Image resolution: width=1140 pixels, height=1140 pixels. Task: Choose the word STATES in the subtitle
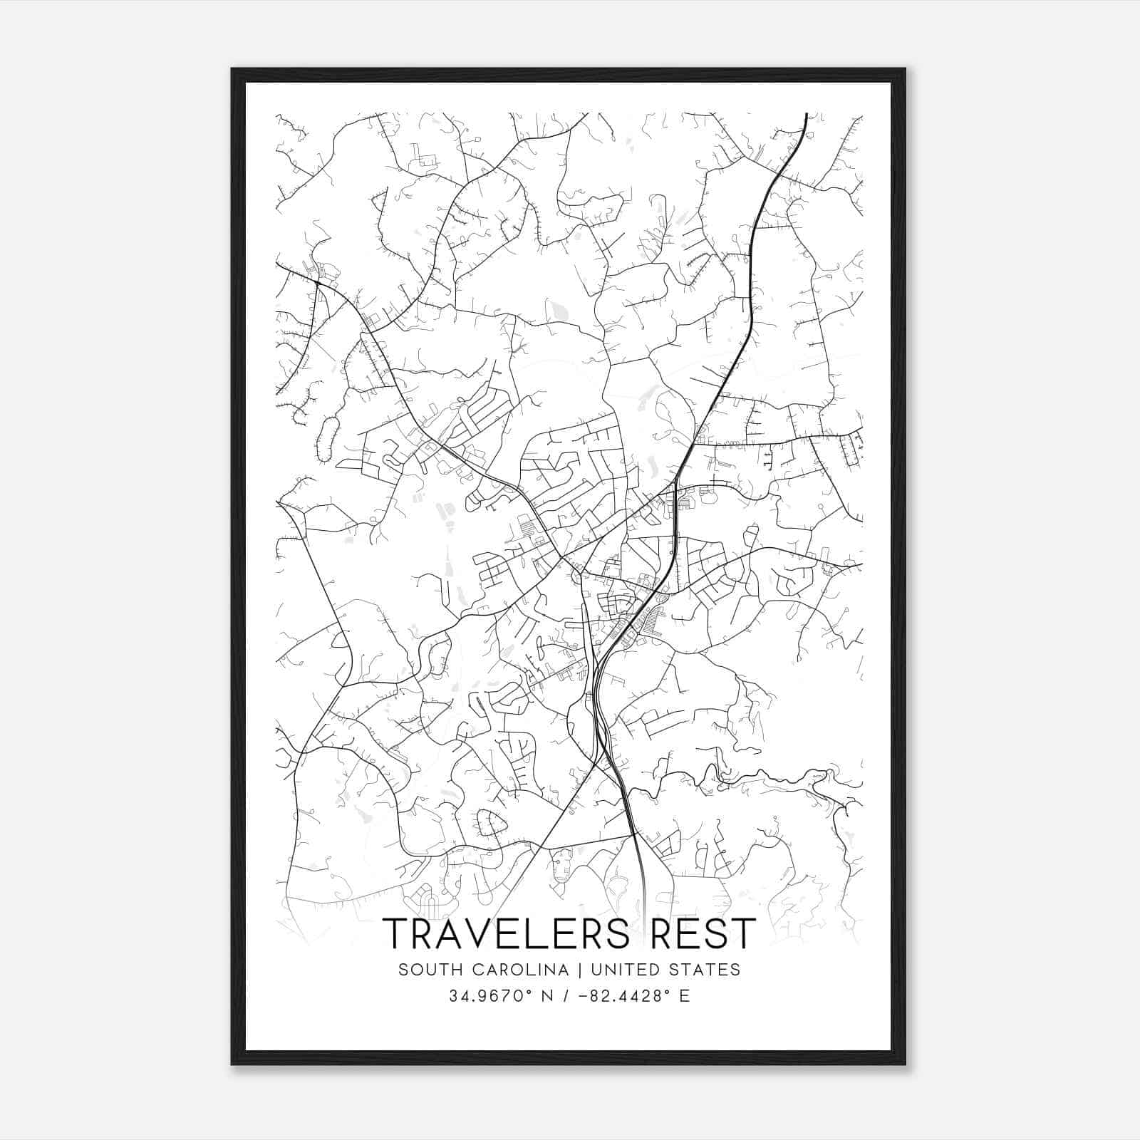click(706, 970)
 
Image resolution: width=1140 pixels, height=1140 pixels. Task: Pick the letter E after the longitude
click(685, 996)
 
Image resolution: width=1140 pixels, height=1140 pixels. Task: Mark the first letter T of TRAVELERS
click(396, 933)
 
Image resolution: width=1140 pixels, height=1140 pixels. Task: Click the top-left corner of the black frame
click(233, 70)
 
